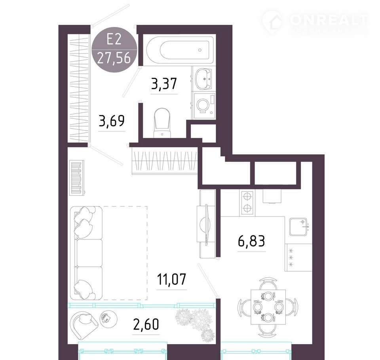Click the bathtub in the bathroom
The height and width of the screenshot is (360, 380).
(181, 50)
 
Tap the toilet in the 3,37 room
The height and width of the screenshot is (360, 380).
(162, 123)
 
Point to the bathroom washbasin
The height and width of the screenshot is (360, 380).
(203, 79)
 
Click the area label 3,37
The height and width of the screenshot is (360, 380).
(164, 83)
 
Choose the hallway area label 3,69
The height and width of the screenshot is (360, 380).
(112, 121)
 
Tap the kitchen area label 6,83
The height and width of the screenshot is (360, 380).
(252, 241)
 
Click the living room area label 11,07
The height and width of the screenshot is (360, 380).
(171, 279)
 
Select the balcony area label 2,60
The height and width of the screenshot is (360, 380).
(146, 324)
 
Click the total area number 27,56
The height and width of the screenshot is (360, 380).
(114, 58)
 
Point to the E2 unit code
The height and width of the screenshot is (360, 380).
(114, 39)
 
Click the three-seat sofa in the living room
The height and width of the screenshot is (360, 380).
(86, 253)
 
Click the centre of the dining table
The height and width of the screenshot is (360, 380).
(268, 307)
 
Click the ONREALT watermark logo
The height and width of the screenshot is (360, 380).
(315, 22)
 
